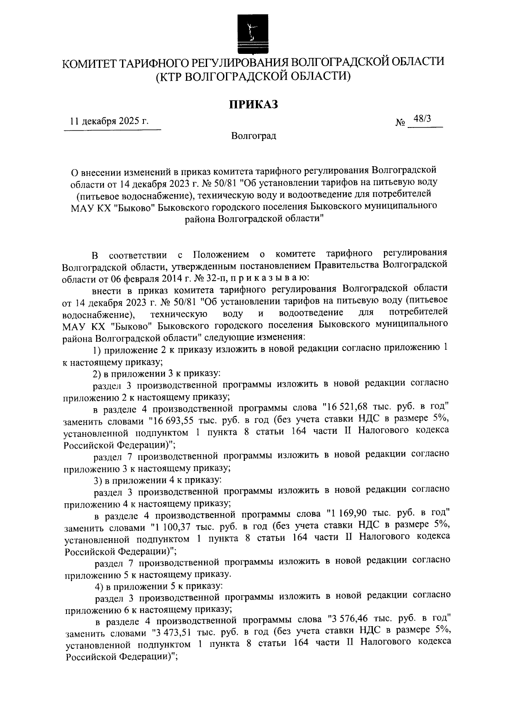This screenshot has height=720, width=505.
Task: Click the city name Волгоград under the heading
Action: click(x=253, y=136)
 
